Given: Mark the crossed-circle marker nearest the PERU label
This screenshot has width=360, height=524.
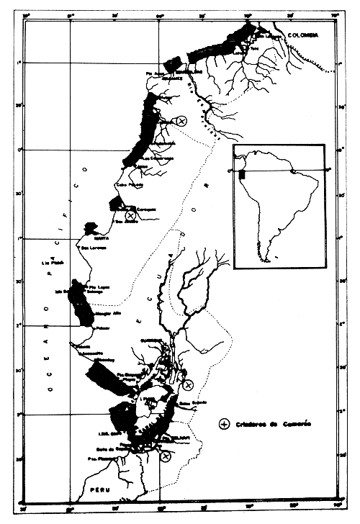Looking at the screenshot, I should pos(166,456).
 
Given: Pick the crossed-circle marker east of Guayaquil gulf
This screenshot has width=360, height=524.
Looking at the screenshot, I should pos(188,386).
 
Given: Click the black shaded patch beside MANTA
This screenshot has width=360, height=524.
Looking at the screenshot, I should pos(91,228).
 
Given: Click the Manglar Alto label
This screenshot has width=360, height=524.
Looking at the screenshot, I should pos(105,313).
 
